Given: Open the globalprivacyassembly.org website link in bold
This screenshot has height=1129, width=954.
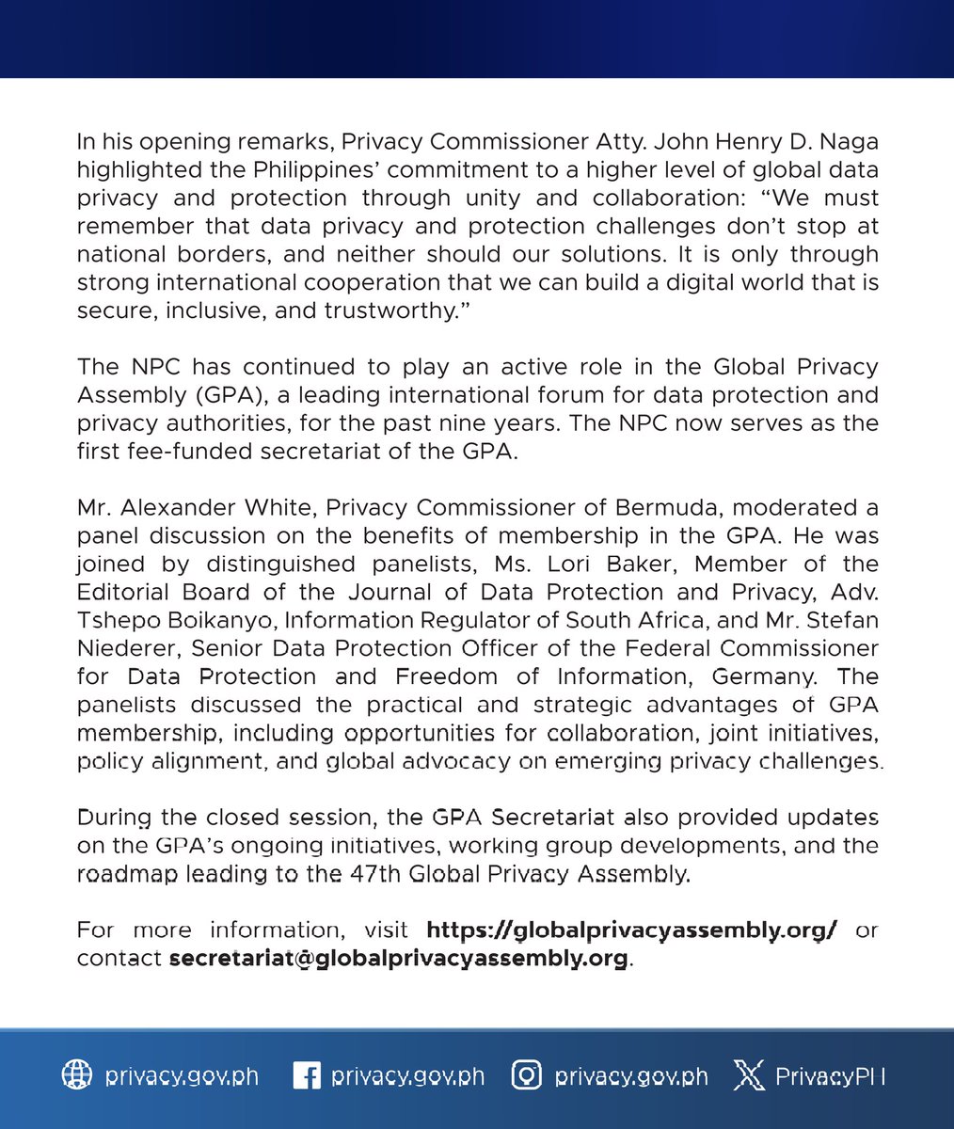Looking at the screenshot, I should (632, 930).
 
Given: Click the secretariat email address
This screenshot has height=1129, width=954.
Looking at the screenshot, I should (398, 959).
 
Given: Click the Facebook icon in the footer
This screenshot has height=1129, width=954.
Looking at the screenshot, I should (306, 1076).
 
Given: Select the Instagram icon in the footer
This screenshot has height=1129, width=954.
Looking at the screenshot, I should (527, 1076).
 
